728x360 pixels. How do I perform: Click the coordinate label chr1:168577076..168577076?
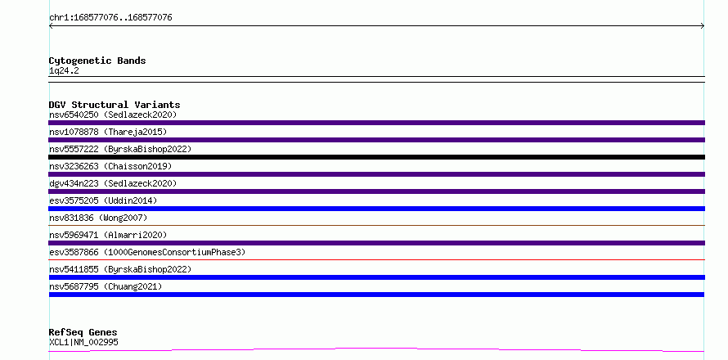pyautogui.click(x=110, y=18)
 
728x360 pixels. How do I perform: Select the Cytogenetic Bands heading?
pyautogui.click(x=97, y=61)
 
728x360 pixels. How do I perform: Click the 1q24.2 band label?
pyautogui.click(x=64, y=70)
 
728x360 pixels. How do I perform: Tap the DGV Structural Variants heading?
pyautogui.click(x=115, y=105)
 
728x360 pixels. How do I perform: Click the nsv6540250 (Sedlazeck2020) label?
pyautogui.click(x=113, y=115)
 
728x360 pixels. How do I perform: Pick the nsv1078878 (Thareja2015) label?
pyautogui.click(x=108, y=132)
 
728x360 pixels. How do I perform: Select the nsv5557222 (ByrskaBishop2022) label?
pyautogui.click(x=120, y=149)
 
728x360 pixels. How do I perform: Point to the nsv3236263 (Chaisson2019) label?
pyautogui.click(x=110, y=166)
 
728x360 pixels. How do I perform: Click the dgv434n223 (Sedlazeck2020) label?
pyautogui.click(x=113, y=183)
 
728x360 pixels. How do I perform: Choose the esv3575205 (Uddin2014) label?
pyautogui.click(x=103, y=200)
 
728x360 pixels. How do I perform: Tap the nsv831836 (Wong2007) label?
pyautogui.click(x=98, y=218)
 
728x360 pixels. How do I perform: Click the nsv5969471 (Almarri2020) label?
pyautogui.click(x=108, y=235)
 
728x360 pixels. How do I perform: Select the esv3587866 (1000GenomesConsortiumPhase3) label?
pyautogui.click(x=147, y=252)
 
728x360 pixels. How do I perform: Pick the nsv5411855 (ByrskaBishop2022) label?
pyautogui.click(x=120, y=269)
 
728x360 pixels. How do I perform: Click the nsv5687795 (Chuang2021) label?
pyautogui.click(x=106, y=286)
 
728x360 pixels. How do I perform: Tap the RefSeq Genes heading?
pyautogui.click(x=83, y=333)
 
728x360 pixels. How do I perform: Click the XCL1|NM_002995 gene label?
pyautogui.click(x=83, y=342)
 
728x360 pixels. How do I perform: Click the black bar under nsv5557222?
pyautogui.click(x=376, y=157)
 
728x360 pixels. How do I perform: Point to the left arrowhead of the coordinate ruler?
pyautogui.click(x=50, y=26)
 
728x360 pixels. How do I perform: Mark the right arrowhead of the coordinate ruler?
pyautogui.click(x=703, y=26)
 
